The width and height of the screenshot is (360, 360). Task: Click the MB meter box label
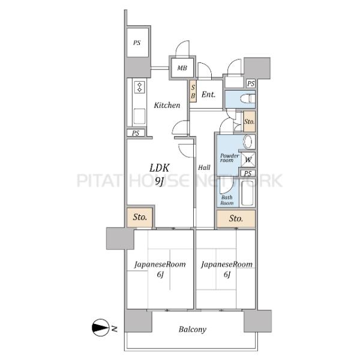click(x=182, y=68)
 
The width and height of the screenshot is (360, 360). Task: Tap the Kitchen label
click(x=167, y=105)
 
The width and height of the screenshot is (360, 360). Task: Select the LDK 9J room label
click(x=160, y=174)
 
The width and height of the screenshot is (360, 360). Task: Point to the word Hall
click(x=204, y=167)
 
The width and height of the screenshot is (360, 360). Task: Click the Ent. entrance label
click(x=208, y=94)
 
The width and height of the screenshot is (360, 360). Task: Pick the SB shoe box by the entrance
click(x=193, y=91)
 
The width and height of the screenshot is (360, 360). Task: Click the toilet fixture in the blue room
click(x=247, y=99)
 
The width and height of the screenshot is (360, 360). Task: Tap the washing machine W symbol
click(x=248, y=160)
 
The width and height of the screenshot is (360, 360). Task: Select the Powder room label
click(x=229, y=158)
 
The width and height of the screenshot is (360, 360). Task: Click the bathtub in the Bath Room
click(x=247, y=193)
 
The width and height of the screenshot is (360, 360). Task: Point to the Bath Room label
click(x=227, y=200)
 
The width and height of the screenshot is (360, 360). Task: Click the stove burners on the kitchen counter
click(x=140, y=87)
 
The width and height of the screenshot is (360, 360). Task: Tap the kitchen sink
click(x=139, y=116)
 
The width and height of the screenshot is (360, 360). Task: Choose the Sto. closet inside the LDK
click(x=140, y=217)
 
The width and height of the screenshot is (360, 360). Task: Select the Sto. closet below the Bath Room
click(x=236, y=218)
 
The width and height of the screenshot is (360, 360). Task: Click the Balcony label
click(x=193, y=329)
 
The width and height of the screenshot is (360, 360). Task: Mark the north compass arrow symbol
click(x=100, y=328)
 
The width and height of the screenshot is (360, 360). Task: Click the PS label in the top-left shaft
click(x=137, y=43)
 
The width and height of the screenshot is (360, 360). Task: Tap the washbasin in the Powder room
click(x=248, y=142)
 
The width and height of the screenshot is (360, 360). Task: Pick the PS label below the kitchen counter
click(x=136, y=133)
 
